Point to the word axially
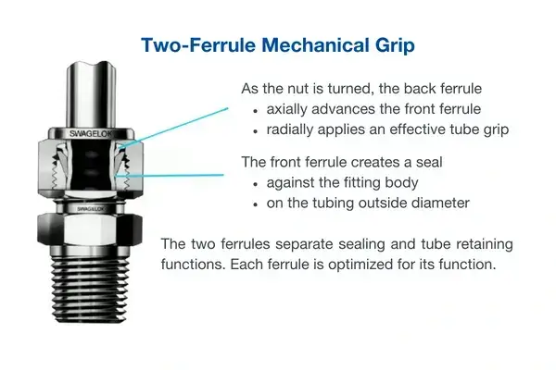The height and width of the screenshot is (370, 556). [287, 109]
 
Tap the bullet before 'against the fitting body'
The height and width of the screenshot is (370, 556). [255, 184]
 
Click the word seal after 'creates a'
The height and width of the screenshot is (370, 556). [429, 162]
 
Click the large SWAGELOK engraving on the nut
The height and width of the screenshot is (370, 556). [91, 133]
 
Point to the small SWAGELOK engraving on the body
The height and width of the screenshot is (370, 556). [91, 209]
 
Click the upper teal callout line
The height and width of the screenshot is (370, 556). [174, 127]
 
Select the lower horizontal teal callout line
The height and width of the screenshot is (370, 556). [171, 175]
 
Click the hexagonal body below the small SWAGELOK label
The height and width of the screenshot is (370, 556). [90, 229]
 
